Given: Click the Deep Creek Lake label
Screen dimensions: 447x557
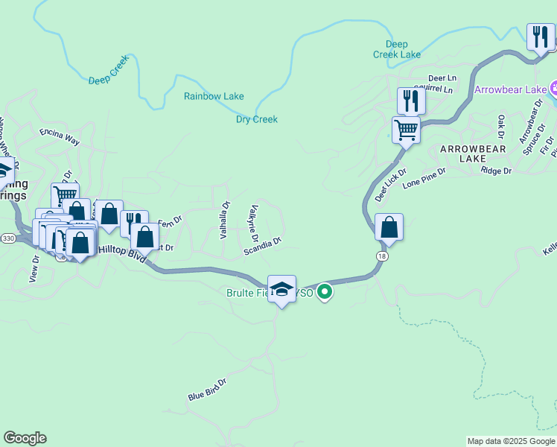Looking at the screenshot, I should click(x=397, y=49).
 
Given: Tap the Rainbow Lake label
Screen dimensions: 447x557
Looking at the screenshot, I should click(x=214, y=96).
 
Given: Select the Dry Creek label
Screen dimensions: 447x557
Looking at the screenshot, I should click(x=257, y=119).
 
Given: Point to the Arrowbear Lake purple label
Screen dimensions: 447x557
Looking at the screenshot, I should click(x=511, y=90).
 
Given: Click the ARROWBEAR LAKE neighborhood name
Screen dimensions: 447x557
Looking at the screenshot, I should click(x=472, y=153).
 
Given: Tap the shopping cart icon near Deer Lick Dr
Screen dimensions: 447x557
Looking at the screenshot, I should click(x=407, y=130).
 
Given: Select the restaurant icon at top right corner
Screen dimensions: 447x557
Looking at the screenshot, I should click(x=540, y=36).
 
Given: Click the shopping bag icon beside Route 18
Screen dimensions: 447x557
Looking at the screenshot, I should click(x=389, y=226).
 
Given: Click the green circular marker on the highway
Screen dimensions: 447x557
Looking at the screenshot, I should click(x=325, y=292).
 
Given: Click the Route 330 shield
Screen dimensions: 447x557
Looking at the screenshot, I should click(x=7, y=238).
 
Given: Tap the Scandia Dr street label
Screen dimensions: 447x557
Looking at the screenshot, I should click(x=262, y=247).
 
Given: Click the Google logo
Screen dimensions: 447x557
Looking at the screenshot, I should click(x=25, y=438).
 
